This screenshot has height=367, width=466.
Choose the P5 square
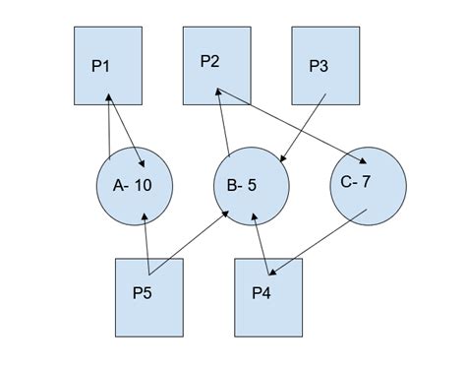tap(149, 296)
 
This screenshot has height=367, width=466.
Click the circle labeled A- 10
tap(136, 185)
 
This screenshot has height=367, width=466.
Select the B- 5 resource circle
tap(252, 185)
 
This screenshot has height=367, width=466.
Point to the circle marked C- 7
tap(368, 184)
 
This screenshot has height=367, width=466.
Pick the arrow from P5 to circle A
tap(146, 246)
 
